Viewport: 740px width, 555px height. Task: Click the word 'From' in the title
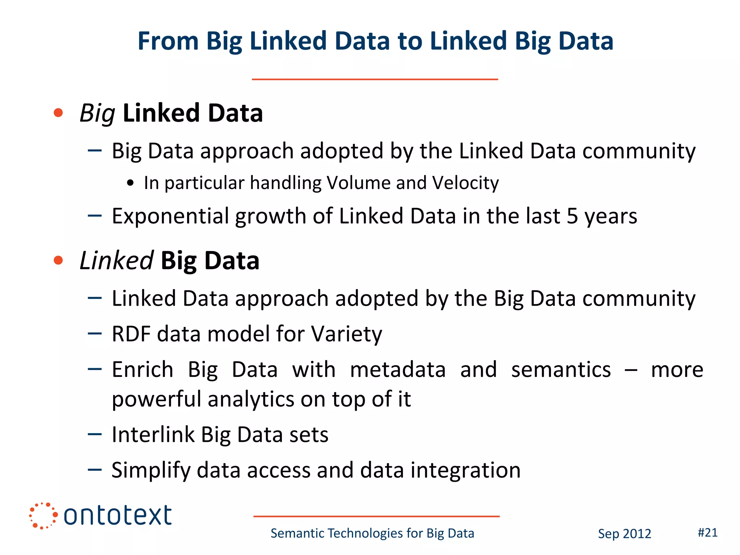[x=168, y=41]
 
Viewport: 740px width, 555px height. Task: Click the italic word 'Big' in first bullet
[x=97, y=113]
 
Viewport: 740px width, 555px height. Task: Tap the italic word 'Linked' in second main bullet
[x=116, y=261]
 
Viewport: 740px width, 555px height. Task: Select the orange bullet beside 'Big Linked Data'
[x=58, y=113]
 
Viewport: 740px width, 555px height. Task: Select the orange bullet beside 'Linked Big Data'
[x=58, y=260]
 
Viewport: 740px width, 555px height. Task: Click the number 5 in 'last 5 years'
[x=572, y=216]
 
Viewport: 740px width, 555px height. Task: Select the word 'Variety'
[x=347, y=334]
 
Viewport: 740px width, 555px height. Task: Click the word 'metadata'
[x=398, y=370]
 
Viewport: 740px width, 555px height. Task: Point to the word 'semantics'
[x=561, y=370]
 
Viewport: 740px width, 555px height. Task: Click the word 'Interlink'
[x=153, y=434]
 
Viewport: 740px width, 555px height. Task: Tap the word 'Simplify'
[x=151, y=470]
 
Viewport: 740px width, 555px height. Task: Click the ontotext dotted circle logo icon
[x=43, y=516]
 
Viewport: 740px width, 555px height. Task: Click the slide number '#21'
[x=707, y=533]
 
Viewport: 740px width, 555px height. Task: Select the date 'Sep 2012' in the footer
[x=624, y=534]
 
